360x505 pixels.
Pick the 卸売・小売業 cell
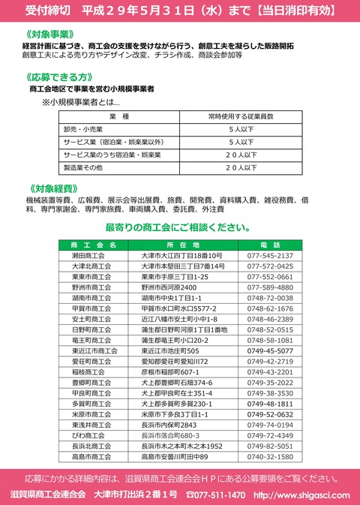(x=85, y=129)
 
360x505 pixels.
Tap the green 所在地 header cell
(x=183, y=245)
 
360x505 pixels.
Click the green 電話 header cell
(x=270, y=245)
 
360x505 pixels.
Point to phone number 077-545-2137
(x=270, y=255)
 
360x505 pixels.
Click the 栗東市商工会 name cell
(x=91, y=276)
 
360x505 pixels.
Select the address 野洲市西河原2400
(x=169, y=287)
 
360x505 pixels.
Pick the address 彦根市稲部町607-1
(x=171, y=371)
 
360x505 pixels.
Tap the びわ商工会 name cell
(x=88, y=435)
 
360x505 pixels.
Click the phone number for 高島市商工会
(x=270, y=456)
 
